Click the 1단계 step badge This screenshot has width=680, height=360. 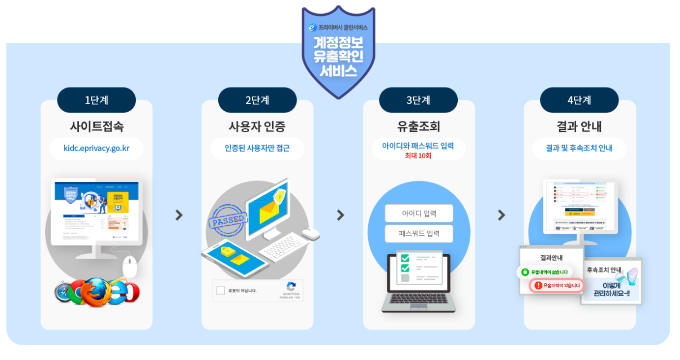[x=96, y=100]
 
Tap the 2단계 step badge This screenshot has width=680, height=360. [x=257, y=100]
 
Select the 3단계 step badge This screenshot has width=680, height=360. [x=418, y=100]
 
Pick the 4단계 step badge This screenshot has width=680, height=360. [x=579, y=100]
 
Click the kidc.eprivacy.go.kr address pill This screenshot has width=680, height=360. [x=96, y=148]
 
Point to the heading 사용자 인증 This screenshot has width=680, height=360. [x=257, y=126]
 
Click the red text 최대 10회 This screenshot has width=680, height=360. [x=418, y=155]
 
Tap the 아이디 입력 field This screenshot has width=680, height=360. [x=418, y=213]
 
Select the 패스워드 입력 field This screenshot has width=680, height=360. [x=419, y=234]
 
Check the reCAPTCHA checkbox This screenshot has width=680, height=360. [x=221, y=291]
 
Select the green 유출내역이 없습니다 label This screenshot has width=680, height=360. [x=545, y=271]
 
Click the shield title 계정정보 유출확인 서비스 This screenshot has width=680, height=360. [x=338, y=57]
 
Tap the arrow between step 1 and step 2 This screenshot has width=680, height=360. [x=179, y=215]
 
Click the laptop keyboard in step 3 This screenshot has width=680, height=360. [x=419, y=299]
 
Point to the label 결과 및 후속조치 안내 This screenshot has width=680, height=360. [x=579, y=148]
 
